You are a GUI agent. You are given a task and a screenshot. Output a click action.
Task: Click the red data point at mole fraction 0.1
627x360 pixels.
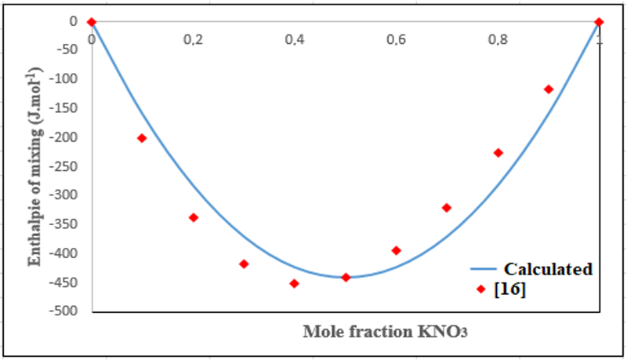[142, 138]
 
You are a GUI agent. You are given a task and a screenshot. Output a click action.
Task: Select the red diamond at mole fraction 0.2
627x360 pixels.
[193, 217]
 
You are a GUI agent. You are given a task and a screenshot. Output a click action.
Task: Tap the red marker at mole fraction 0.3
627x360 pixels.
[244, 264]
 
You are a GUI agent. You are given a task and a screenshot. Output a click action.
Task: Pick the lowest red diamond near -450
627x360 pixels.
[295, 283]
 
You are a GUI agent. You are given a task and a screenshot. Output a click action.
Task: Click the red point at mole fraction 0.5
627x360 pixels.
[346, 277]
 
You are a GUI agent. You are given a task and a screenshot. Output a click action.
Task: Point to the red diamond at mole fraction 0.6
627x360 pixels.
[397, 250]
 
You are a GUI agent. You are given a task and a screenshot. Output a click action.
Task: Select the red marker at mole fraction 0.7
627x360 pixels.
[447, 208]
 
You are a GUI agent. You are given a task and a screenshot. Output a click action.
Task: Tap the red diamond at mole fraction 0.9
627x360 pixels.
[549, 89]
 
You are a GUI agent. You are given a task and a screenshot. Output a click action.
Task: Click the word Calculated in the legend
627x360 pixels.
[547, 269]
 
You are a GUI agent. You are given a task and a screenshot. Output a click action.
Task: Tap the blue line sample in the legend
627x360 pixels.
[484, 269]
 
